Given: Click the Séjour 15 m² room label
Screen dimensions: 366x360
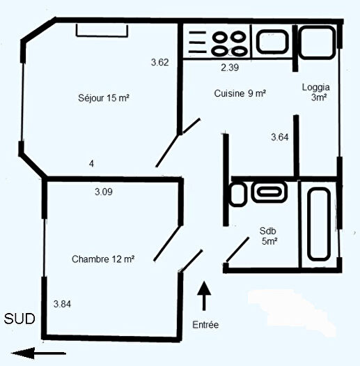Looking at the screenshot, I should [x=104, y=98].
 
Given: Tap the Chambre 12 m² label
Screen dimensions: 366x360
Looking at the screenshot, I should [x=103, y=259].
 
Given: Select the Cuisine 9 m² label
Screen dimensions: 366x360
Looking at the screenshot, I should [x=240, y=93].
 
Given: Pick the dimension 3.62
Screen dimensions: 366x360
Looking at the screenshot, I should [x=159, y=62].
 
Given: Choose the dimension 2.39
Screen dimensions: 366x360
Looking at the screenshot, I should [x=230, y=68].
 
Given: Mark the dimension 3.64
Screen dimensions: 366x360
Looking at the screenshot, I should [x=279, y=137].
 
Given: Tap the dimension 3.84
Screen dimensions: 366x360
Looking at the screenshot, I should [x=63, y=303].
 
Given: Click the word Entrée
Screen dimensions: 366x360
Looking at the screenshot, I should [x=205, y=324].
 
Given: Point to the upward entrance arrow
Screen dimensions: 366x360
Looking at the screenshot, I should [x=203, y=296].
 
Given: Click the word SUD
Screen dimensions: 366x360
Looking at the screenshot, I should [x=18, y=319].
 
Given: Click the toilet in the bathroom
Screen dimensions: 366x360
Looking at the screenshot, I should [x=237, y=194].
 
